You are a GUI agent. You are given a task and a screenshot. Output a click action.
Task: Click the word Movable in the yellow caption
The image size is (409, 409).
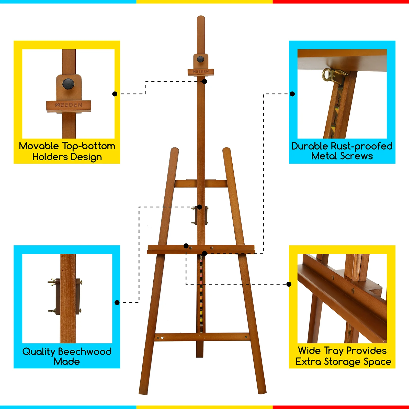click(x=39, y=146)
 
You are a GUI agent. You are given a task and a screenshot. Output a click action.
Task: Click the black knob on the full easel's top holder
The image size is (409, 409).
click(x=201, y=60)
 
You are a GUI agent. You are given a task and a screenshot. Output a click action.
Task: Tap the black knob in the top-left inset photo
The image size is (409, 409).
click(x=68, y=84)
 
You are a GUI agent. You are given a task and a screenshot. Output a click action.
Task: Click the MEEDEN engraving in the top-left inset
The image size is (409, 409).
click(x=69, y=105)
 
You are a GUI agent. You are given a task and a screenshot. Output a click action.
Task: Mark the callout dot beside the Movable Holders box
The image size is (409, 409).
click(x=115, y=94)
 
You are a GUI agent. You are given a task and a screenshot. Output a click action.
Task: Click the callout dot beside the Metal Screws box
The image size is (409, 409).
click(x=292, y=94)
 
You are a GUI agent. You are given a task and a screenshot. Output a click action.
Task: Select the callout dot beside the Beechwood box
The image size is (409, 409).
click(x=117, y=303)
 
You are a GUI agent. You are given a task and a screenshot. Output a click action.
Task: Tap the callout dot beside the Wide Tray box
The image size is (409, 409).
click(x=289, y=284)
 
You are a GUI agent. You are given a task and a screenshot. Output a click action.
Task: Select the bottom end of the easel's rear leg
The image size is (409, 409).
click(x=200, y=356)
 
